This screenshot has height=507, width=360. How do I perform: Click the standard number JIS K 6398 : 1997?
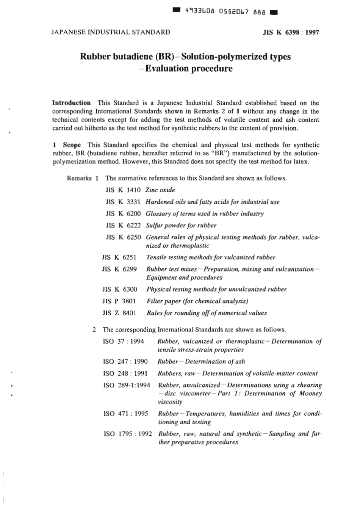coord(291,32)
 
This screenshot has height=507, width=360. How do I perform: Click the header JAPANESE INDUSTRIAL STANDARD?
coord(110,32)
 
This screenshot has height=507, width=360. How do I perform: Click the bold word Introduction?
coord(71,103)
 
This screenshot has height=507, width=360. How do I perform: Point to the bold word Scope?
coord(72,145)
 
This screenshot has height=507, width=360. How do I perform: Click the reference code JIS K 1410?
coord(123,190)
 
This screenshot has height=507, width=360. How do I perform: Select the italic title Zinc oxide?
coord(160,190)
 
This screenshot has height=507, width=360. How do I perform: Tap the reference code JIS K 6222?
coord(123,225)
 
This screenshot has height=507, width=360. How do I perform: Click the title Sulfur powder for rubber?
coord(181,225)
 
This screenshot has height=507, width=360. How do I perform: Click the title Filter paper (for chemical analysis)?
coord(197,301)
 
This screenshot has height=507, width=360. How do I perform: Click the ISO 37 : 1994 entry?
coord(124,341)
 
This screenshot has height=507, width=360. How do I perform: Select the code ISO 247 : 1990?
coord(125,361)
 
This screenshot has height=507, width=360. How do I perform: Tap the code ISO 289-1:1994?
coord(127,385)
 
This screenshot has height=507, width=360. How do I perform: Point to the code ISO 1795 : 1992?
coord(128,434)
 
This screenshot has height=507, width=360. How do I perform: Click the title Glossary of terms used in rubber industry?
coord(205,213)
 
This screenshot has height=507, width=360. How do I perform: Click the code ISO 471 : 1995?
coord(126,414)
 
